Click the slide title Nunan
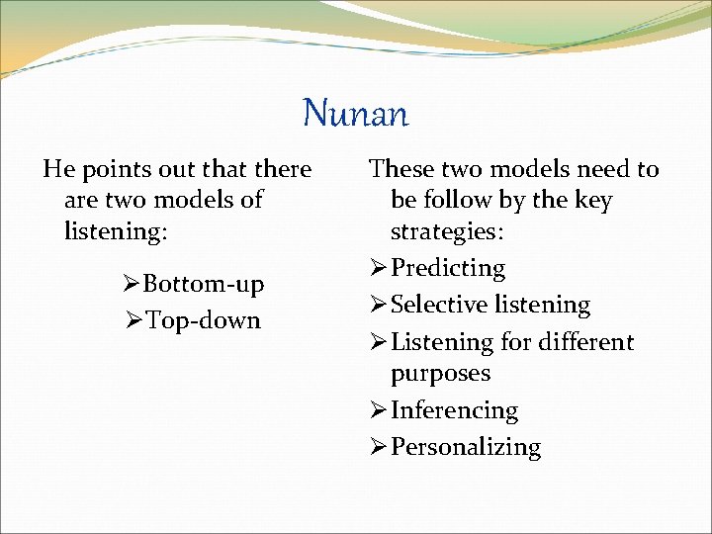(x=355, y=113)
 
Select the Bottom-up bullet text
(x=204, y=285)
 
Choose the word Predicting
(x=448, y=268)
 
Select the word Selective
(x=436, y=305)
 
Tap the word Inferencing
(x=454, y=410)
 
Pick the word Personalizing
(x=466, y=447)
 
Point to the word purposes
(x=440, y=374)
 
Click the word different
(x=581, y=342)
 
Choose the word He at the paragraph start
(x=57, y=169)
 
